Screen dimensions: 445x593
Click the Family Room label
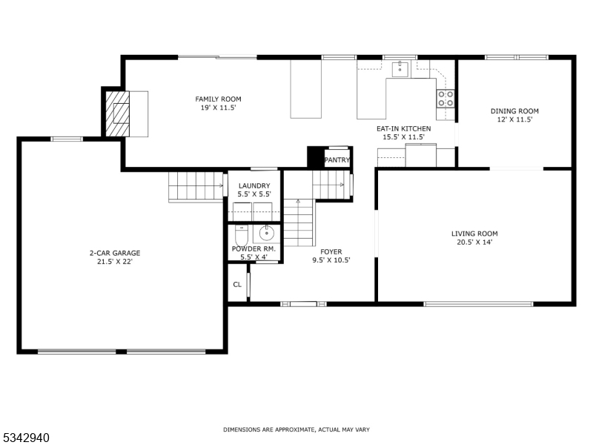(x=218, y=99)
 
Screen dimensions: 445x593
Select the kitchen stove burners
(x=445, y=99)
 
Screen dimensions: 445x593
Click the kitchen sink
(x=400, y=70)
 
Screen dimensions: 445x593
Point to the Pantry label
(x=337, y=159)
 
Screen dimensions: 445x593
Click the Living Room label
(x=474, y=234)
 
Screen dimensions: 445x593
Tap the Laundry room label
(x=254, y=185)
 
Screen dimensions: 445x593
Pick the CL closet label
(x=237, y=284)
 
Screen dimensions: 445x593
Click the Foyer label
(x=331, y=251)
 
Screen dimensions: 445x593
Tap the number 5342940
(x=26, y=438)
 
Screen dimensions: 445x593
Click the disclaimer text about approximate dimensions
(x=296, y=429)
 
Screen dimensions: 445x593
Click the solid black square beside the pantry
(x=315, y=157)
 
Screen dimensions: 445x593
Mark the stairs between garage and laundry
(x=196, y=186)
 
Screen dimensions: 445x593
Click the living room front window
(x=478, y=303)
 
